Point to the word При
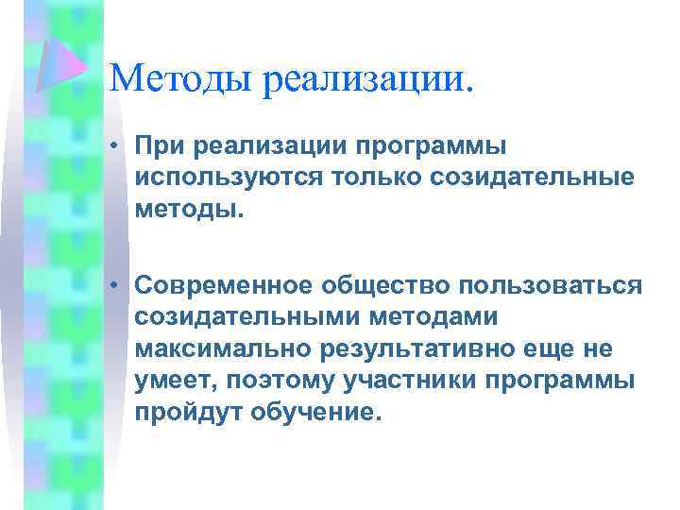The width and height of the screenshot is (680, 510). click(x=158, y=146)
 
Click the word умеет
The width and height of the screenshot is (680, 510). click(x=170, y=382)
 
